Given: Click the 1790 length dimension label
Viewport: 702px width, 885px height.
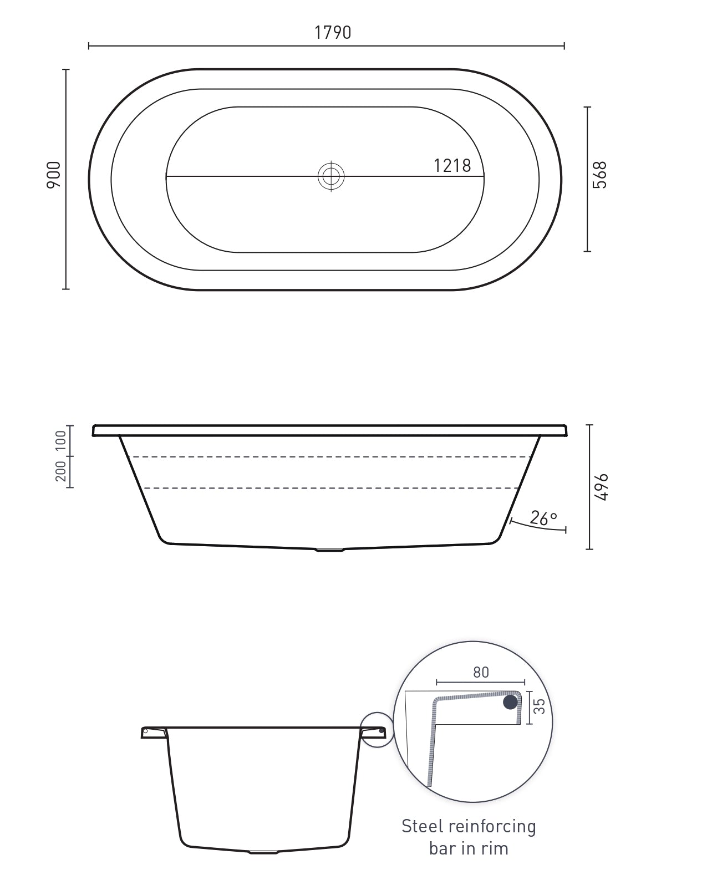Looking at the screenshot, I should pyautogui.click(x=333, y=33).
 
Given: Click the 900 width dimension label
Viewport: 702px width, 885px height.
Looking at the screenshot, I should pyautogui.click(x=54, y=175).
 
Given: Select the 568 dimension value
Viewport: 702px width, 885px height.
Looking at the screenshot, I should pyautogui.click(x=600, y=175).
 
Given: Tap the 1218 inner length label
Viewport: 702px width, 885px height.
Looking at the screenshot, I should pyautogui.click(x=452, y=166).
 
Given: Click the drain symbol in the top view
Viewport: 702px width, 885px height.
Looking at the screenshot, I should pyautogui.click(x=331, y=176).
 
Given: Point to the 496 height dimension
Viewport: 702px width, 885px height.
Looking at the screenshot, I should pyautogui.click(x=601, y=487).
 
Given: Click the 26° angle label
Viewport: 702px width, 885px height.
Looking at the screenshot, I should pyautogui.click(x=543, y=518).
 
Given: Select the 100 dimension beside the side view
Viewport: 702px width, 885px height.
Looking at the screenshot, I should pyautogui.click(x=61, y=440).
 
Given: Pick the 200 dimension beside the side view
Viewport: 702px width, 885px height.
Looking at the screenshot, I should pyautogui.click(x=61, y=471).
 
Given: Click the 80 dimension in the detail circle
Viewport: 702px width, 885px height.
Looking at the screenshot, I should pyautogui.click(x=481, y=672).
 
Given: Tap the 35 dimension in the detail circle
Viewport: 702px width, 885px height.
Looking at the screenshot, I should pyautogui.click(x=539, y=706).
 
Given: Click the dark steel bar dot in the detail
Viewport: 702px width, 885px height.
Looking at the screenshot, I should pyautogui.click(x=510, y=703).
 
